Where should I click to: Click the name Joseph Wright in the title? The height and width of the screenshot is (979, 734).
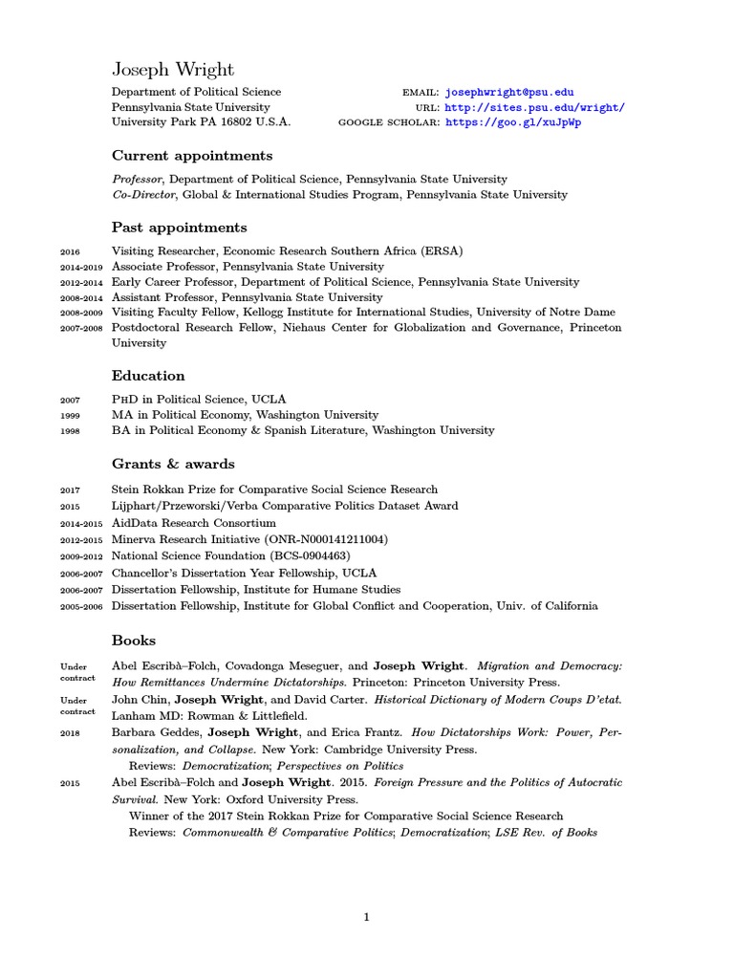click(173, 70)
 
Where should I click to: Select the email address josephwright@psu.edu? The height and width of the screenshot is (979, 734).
click(509, 93)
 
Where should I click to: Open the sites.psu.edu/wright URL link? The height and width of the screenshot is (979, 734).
click(534, 108)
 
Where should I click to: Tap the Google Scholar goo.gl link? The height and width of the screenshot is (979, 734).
click(512, 123)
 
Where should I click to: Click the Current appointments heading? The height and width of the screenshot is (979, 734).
click(192, 155)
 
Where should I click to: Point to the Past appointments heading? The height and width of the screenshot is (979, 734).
click(180, 228)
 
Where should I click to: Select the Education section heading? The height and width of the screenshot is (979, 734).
click(148, 376)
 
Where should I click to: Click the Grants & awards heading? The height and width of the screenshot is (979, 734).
click(173, 464)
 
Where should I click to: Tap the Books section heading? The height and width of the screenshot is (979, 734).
click(134, 640)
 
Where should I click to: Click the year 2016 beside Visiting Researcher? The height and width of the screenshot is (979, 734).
click(70, 252)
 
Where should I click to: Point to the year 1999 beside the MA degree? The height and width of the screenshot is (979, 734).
click(70, 416)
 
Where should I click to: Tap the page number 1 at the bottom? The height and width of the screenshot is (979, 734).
click(366, 918)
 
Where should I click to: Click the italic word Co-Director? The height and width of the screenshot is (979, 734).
click(140, 194)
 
